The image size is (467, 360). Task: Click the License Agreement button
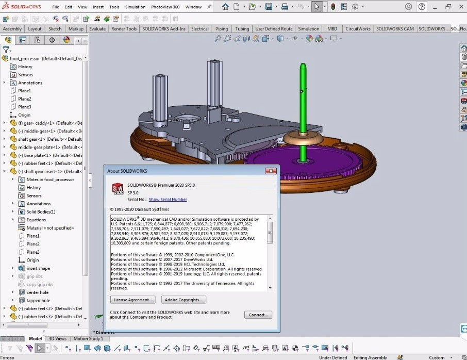pos(132,300)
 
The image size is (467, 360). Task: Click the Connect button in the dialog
pos(258,315)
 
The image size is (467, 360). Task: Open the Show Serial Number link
pos(168,200)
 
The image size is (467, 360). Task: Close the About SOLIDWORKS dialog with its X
pos(270,171)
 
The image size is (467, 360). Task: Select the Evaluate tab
pos(97,29)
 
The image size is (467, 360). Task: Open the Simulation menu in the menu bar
pos(135,7)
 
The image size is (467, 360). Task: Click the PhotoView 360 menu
pos(165,7)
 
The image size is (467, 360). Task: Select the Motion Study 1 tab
pos(88,338)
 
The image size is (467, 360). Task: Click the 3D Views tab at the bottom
pos(58,338)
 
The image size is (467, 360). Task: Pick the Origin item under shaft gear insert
pos(32,260)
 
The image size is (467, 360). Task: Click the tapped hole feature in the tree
pos(38,300)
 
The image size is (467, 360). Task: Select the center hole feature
pos(38,292)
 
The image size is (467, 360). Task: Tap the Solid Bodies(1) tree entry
pos(41,211)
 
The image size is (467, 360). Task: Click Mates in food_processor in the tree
pos(50,179)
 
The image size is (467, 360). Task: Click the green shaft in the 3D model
pos(302,113)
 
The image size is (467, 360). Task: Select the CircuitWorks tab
pos(358,29)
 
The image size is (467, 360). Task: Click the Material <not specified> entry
pos(50,228)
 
